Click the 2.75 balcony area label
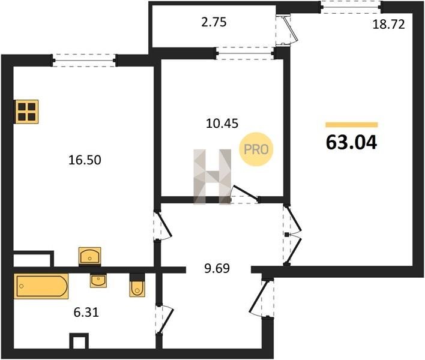pyautogui.click(x=214, y=22)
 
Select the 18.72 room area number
pyautogui.click(x=388, y=25)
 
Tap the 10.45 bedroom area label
pyautogui.click(x=222, y=124)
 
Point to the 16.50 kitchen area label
pyautogui.click(x=85, y=160)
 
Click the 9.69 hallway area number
pyautogui.click(x=217, y=268)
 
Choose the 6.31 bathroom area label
pyautogui.click(x=86, y=313)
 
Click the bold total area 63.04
pyautogui.click(x=351, y=142)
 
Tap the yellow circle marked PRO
pyautogui.click(x=256, y=149)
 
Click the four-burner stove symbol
pyautogui.click(x=27, y=112)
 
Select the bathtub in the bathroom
pyautogui.click(x=41, y=286)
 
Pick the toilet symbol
pyautogui.click(x=137, y=289)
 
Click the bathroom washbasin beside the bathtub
pyautogui.click(x=98, y=281)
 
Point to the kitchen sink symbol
pyautogui.click(x=89, y=256)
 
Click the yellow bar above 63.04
pyautogui.click(x=352, y=125)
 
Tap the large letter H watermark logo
pyautogui.click(x=212, y=176)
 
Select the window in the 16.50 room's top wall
pyautogui.click(x=84, y=61)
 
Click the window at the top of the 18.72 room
pyautogui.click(x=351, y=7)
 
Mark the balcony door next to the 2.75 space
pyautogui.click(x=288, y=31)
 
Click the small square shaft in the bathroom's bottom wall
pyautogui.click(x=79, y=341)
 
